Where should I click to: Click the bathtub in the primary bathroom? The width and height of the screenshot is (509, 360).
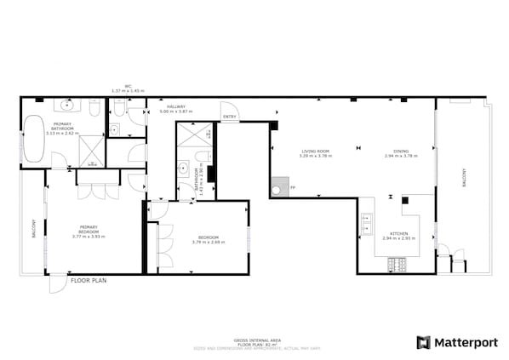coord(34,140)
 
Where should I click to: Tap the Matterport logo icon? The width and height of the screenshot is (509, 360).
coord(423,342)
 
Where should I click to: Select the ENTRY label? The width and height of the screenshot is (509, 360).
coord(229,117)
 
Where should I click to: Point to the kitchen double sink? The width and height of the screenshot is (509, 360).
coord(368,224)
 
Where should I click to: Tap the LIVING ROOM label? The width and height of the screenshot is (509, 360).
coord(315,151)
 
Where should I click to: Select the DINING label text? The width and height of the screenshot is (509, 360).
coord(400,151)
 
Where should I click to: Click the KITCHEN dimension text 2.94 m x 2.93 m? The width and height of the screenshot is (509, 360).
coord(398,238)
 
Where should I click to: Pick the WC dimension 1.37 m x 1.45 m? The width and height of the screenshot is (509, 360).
coord(128,91)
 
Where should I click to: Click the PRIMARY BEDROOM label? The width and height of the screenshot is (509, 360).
coord(89,229)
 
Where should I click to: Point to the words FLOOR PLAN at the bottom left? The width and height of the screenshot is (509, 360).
coord(88,279)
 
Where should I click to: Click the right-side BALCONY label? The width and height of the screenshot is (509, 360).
coord(464,177)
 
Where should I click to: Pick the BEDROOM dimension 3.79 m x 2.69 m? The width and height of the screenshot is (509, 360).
coord(209,241)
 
